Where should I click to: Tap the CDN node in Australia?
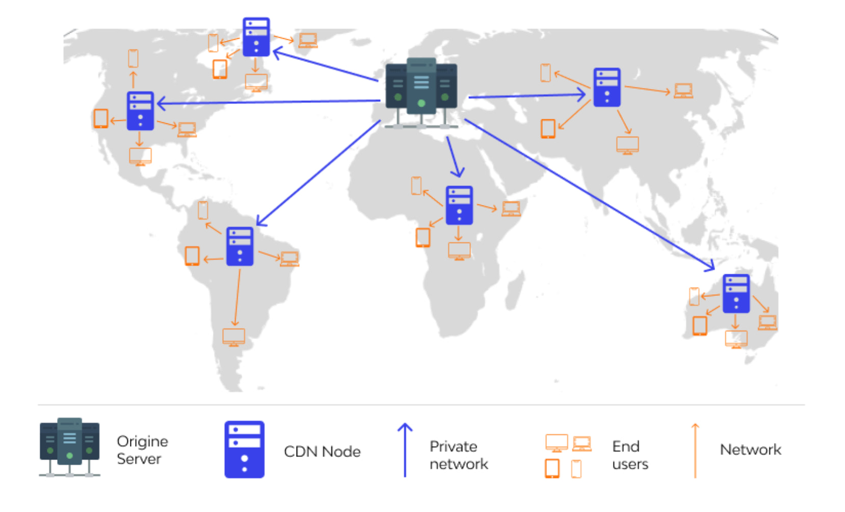(x=736, y=293)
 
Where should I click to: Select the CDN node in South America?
(x=240, y=246)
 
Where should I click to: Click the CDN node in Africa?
(x=459, y=205)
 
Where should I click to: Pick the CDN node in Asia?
(x=606, y=87)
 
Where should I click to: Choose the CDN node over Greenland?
(x=256, y=37)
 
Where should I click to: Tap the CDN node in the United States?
(x=140, y=111)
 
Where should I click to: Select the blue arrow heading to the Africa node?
(x=454, y=157)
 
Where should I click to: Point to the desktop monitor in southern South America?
(x=234, y=337)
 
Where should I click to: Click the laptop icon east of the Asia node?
(x=683, y=91)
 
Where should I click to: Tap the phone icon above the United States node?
(x=133, y=58)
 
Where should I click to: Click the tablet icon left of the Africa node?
(x=423, y=237)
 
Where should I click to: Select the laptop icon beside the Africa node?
(x=511, y=209)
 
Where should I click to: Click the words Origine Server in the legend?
(x=142, y=450)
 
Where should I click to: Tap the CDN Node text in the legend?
(x=322, y=451)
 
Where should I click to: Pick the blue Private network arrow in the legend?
(x=405, y=450)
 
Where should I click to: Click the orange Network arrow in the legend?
(x=695, y=450)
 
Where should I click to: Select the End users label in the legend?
(x=630, y=455)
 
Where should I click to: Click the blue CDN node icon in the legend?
(x=245, y=449)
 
